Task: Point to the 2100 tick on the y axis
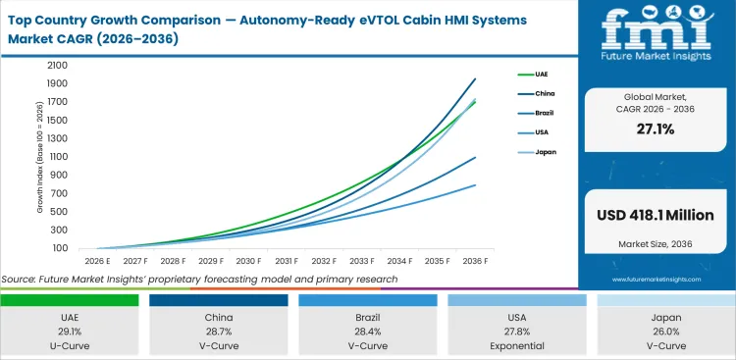[55, 65]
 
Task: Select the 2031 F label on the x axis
[287, 261]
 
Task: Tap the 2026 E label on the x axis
[98, 261]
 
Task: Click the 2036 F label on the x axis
[475, 261]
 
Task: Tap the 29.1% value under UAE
[71, 331]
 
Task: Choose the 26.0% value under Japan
[667, 331]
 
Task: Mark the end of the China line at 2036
[476, 78]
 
